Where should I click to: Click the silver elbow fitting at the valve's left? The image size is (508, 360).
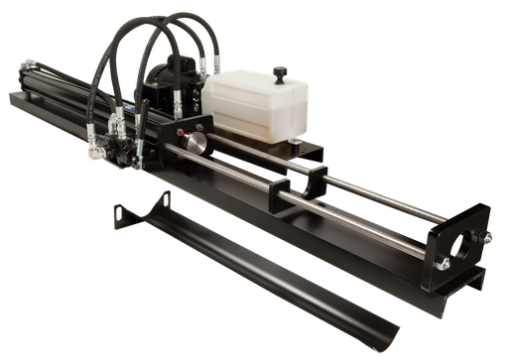click(x=96, y=152)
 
